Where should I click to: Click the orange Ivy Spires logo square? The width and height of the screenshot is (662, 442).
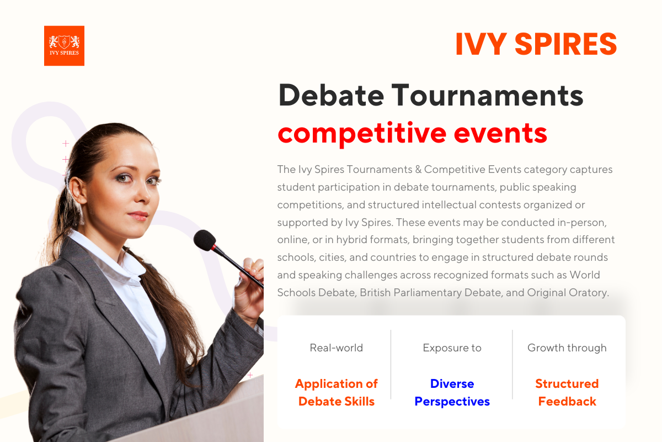point(64,46)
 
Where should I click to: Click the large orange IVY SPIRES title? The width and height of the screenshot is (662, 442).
point(536,45)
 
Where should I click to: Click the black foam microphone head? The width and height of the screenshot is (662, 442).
point(205,240)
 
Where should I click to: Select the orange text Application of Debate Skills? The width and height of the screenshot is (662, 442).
point(336,392)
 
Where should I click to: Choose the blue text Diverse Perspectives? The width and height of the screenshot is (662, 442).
point(452,392)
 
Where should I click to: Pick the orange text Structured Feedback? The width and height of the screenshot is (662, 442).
point(567,392)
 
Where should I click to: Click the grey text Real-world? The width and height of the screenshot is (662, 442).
point(336,348)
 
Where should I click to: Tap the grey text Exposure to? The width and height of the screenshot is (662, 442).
point(452,348)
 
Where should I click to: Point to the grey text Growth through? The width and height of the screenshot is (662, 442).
point(567,348)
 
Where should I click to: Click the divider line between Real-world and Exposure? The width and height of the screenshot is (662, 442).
point(391,365)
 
